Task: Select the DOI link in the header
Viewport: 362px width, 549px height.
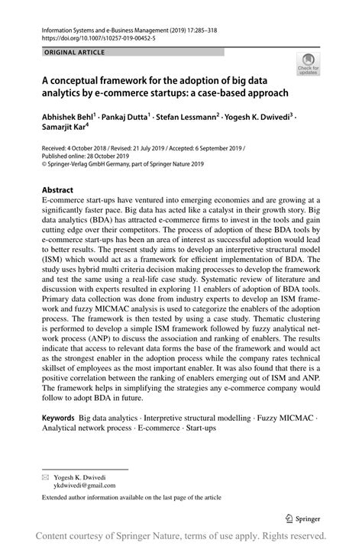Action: pyautogui.click(x=89, y=36)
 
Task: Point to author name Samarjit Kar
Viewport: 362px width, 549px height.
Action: pyautogui.click(x=67, y=131)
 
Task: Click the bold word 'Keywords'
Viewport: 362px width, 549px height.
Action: pyautogui.click(x=58, y=418)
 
